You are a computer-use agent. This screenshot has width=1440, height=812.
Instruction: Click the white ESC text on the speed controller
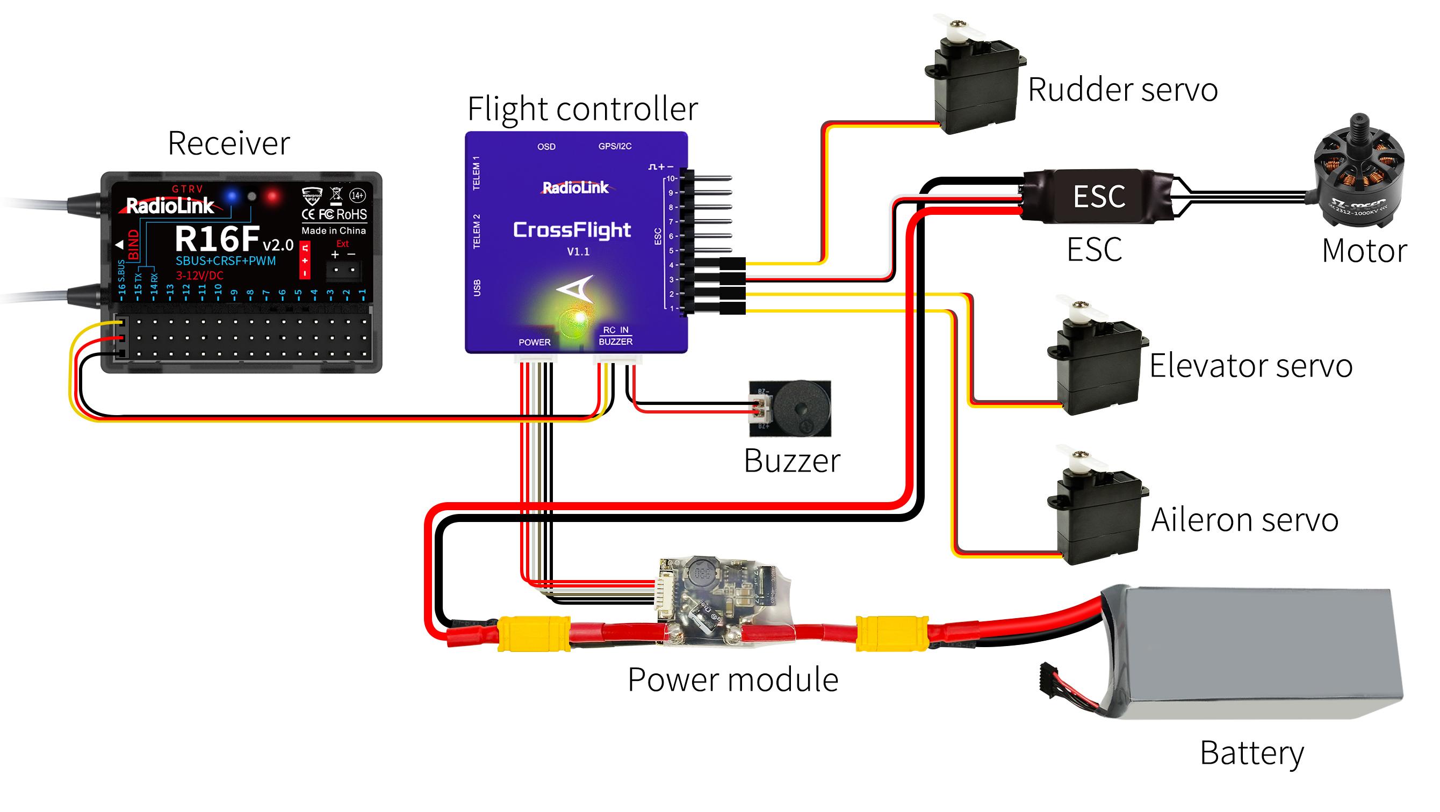click(x=1099, y=197)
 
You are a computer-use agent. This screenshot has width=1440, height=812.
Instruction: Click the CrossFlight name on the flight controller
click(x=572, y=230)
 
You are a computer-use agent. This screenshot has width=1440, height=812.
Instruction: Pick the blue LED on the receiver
click(x=232, y=196)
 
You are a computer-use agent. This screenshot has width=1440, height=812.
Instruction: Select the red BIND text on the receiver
click(x=134, y=245)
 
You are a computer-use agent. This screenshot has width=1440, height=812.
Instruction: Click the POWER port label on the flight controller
click(x=535, y=342)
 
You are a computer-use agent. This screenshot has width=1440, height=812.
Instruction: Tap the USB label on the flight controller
click(x=477, y=288)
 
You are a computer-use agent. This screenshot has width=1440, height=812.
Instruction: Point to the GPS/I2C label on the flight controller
click(x=615, y=147)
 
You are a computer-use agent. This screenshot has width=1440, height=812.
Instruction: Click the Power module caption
click(x=732, y=680)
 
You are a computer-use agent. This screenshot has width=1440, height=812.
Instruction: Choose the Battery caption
click(x=1251, y=753)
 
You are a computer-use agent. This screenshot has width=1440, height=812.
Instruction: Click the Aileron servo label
click(x=1244, y=520)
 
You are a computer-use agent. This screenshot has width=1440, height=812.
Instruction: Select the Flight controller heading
click(x=582, y=108)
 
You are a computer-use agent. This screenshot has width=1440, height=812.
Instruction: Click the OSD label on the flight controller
click(x=546, y=147)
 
